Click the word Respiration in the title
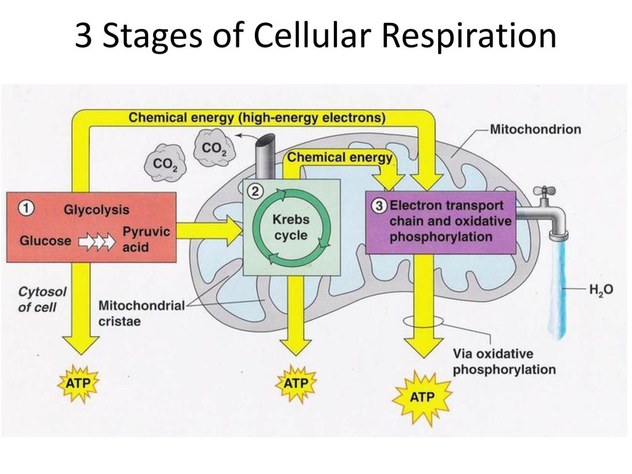click(468, 36)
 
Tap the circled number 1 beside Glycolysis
click(26, 209)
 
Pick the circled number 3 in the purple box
click(379, 206)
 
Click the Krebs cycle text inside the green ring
click(291, 227)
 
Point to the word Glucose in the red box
click(45, 241)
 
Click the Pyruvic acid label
click(146, 239)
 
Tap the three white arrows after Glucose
click(97, 241)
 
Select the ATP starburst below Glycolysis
click(78, 383)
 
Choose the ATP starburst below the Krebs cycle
click(296, 384)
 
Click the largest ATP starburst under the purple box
click(422, 398)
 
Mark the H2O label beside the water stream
click(601, 289)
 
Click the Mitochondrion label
click(535, 130)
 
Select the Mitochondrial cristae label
click(141, 313)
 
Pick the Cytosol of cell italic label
click(42, 299)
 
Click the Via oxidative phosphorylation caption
click(504, 362)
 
